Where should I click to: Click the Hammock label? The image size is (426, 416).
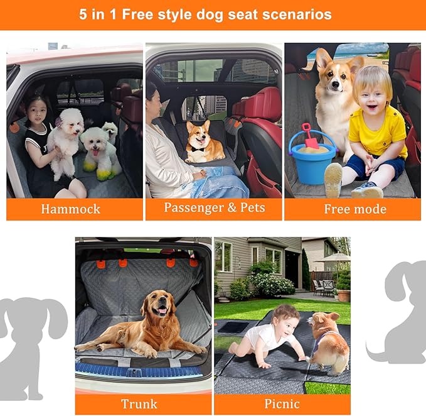point(70,209)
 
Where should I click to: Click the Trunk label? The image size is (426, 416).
point(140,403)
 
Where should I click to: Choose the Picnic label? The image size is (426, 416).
point(282,403)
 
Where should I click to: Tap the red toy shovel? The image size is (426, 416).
point(310,135)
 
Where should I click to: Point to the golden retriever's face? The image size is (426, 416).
point(160,305)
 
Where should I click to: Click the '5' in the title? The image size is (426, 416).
point(84,14)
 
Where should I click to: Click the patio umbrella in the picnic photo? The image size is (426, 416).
point(332,258)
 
